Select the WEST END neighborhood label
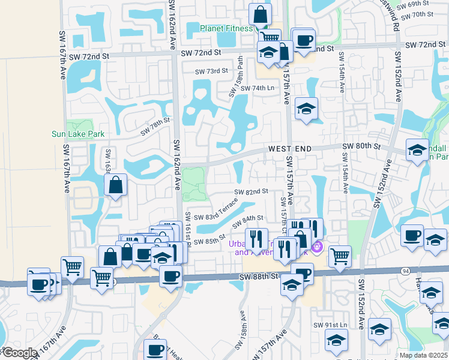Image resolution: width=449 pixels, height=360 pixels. (x=289, y=148)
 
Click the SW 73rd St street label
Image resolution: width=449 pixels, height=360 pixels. (x=212, y=71)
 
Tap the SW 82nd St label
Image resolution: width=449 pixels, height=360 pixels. (x=250, y=191)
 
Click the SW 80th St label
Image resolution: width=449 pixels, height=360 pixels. (x=361, y=146)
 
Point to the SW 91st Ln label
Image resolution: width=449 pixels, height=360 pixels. (x=330, y=325)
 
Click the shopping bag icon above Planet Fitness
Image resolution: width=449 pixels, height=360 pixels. (x=260, y=13)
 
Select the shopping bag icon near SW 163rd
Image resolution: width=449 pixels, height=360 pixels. (x=115, y=185)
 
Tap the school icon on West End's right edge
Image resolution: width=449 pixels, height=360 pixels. (x=417, y=150)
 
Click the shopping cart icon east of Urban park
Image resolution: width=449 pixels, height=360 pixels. (x=340, y=256)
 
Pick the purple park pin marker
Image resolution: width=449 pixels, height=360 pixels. (x=317, y=247)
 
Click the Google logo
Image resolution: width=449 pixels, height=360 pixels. (x=20, y=353)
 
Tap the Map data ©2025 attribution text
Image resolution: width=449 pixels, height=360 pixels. (x=424, y=355)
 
